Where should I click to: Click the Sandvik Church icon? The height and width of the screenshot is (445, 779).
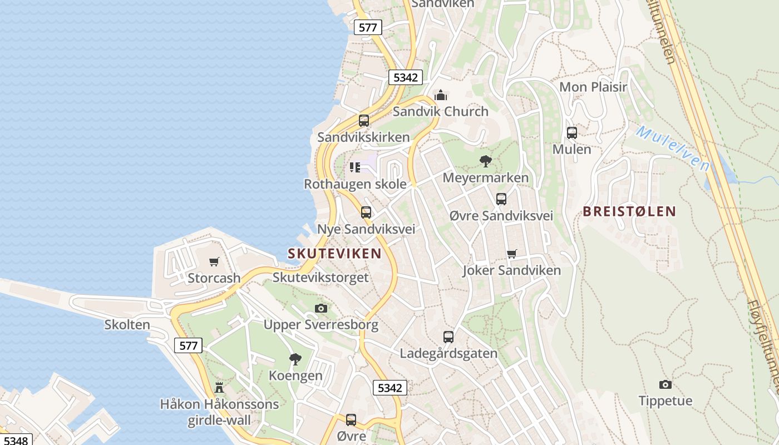(441, 95)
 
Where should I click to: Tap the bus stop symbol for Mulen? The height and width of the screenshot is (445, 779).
(572, 133)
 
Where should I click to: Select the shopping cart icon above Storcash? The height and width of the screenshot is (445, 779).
(214, 261)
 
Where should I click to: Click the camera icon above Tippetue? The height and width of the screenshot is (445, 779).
(665, 384)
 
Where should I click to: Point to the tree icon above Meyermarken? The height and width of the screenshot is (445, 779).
(486, 161)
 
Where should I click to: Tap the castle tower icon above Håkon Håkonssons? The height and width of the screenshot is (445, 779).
(219, 388)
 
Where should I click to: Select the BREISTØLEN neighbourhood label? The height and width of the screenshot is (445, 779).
(629, 211)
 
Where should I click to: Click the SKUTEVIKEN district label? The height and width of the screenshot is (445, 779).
(334, 254)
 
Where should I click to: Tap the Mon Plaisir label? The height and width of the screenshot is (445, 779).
(593, 87)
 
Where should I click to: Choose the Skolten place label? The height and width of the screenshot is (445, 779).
(127, 325)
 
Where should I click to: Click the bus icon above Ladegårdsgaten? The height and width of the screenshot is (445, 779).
(448, 337)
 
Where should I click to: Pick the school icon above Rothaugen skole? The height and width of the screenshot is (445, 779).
(355, 167)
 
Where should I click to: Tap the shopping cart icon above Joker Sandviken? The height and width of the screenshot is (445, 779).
(512, 254)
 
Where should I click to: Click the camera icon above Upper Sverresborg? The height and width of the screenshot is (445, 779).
(321, 308)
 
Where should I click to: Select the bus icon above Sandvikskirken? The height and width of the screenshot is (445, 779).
(363, 120)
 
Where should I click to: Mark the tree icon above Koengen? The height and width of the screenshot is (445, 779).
(295, 359)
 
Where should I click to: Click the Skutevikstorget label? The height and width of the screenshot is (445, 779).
(321, 277)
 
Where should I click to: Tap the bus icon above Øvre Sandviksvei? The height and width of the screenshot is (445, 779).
(501, 199)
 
